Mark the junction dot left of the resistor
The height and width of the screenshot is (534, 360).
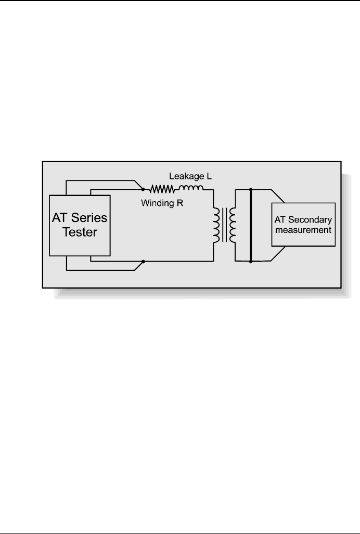(144, 189)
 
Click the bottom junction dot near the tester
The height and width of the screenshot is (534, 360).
(144, 261)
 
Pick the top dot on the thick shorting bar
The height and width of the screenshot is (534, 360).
(251, 189)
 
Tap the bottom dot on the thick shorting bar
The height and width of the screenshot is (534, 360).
(251, 261)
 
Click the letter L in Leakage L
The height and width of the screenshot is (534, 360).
(208, 177)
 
